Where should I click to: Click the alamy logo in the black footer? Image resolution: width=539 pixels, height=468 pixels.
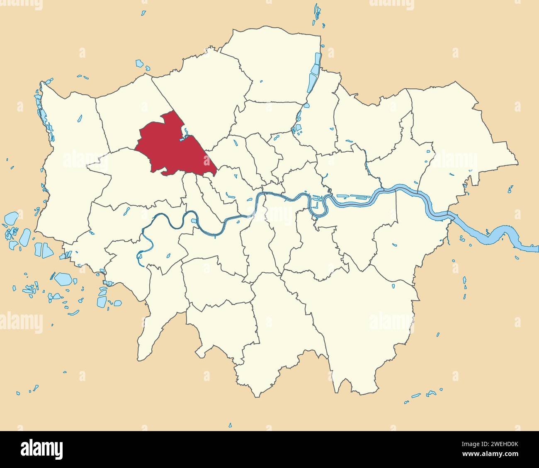click(41, 449)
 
